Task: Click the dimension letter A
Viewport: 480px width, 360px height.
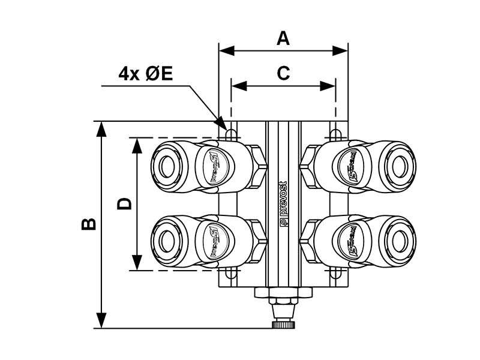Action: [283, 38]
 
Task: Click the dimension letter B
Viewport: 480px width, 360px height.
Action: [89, 224]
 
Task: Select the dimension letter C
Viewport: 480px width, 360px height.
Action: [283, 73]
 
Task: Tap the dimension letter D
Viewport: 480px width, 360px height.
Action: [124, 203]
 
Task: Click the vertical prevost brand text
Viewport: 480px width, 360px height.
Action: [283, 204]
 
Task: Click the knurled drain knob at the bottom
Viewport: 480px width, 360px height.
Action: [283, 325]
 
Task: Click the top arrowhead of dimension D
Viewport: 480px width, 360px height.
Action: [137, 145]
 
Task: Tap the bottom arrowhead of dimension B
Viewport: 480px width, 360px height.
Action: [102, 321]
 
